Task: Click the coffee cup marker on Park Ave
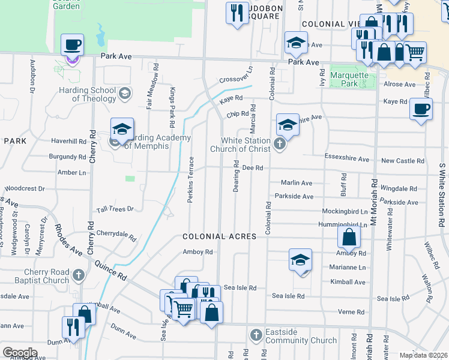point(72,45)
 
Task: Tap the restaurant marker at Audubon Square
point(237,13)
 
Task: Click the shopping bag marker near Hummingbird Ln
point(349,238)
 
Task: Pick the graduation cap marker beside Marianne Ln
point(300,260)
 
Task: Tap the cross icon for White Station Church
point(279,143)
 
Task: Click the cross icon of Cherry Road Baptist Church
point(78,275)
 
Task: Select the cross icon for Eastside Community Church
point(256,334)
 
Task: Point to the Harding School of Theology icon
point(125,93)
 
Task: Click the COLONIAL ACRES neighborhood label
point(220,237)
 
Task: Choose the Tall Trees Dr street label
point(115,209)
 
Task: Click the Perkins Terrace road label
point(190,179)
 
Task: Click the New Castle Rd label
point(402,161)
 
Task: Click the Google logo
point(20,352)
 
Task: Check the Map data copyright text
point(423,355)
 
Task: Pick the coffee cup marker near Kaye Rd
point(421,110)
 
